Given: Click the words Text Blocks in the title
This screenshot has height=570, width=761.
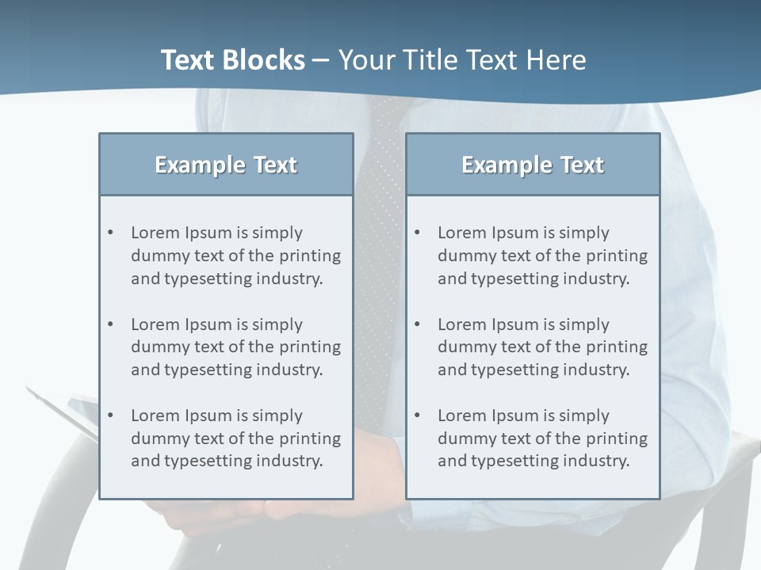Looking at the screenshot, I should tap(232, 60).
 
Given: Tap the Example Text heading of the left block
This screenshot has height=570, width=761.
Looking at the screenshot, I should tap(226, 165).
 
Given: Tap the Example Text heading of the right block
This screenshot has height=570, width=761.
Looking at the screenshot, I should tap(533, 165).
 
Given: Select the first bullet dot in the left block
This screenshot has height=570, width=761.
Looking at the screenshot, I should tap(111, 233).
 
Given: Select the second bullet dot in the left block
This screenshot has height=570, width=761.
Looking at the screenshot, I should tap(111, 325).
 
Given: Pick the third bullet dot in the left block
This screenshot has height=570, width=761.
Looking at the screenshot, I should tap(111, 416).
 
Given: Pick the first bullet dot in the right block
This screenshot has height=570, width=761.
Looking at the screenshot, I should tap(418, 233).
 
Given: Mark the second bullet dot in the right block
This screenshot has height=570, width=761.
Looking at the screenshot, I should tap(418, 325).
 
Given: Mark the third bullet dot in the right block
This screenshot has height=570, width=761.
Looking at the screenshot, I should tap(418, 416).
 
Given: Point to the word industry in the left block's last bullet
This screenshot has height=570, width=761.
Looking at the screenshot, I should tap(292, 461).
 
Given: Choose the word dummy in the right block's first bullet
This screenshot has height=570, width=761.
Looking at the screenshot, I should tap(463, 256).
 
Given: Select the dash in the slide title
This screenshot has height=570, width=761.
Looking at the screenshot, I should tap(321, 60).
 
